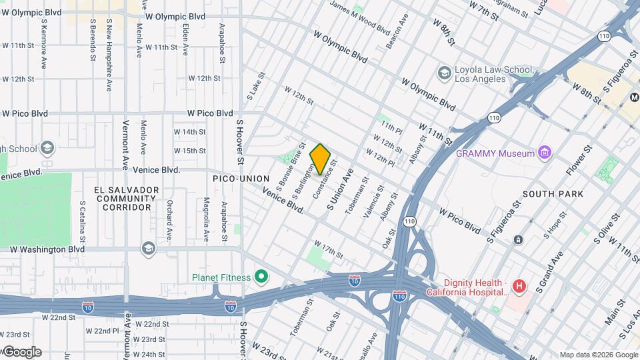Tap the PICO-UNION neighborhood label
[240, 179]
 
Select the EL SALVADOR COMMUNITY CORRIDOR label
[127, 199]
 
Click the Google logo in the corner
[21, 352]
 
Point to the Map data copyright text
[598, 355]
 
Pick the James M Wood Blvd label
[360, 19]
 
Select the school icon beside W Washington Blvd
[148, 249]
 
